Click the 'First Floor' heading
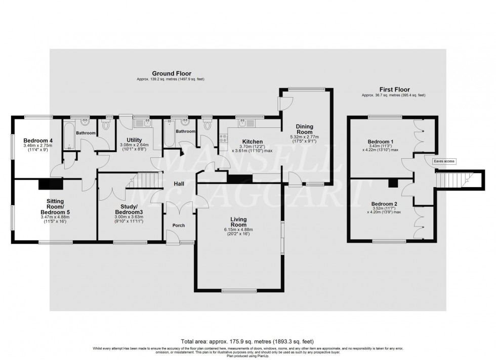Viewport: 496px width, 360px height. point(393,89)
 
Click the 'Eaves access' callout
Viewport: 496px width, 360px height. point(444,161)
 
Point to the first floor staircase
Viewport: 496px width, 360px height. point(453,178)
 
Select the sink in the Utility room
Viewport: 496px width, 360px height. point(139,123)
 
